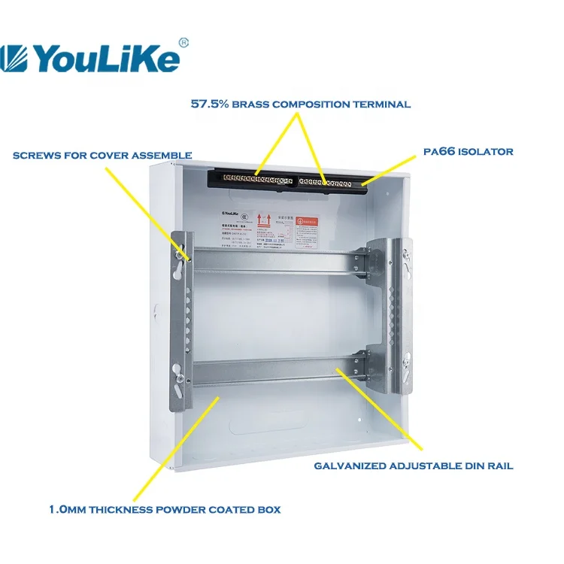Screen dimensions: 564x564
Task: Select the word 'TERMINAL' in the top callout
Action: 383,104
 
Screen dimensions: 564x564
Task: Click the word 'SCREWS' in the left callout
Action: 35,156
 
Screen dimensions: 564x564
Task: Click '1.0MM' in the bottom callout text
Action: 67,510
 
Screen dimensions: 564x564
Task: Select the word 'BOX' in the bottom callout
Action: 269,510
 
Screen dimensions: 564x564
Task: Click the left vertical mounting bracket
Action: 181,316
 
